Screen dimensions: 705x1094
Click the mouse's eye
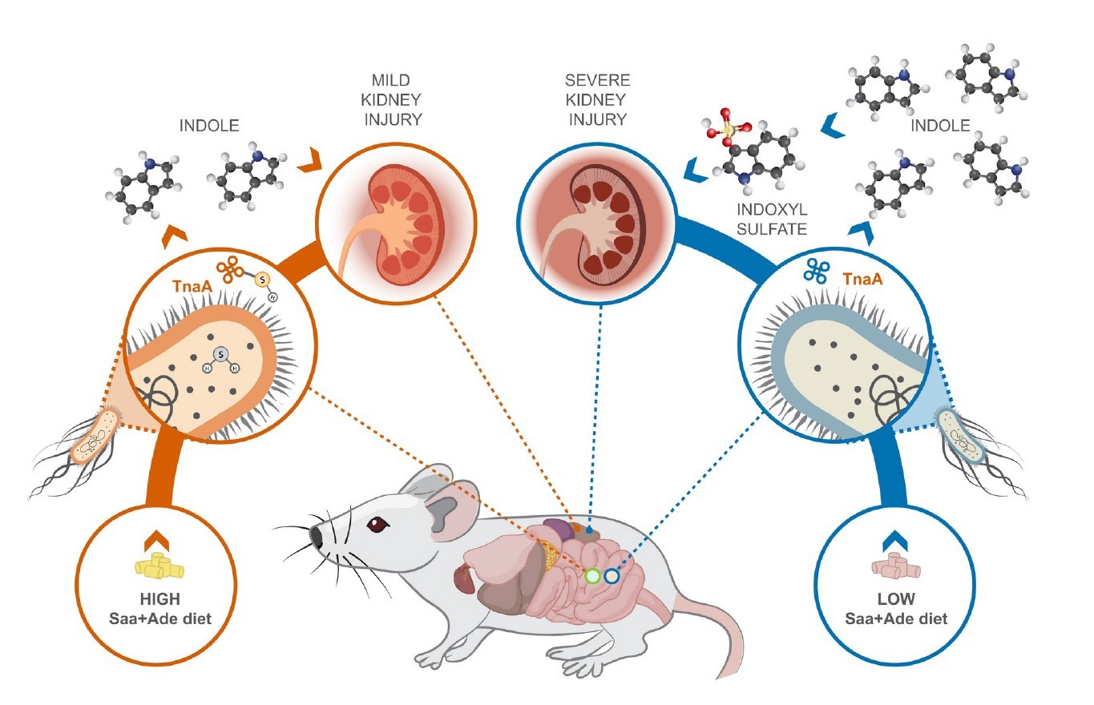[x=374, y=525]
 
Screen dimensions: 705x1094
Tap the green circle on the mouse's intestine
[x=592, y=575]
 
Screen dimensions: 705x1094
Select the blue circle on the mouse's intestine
[x=612, y=575]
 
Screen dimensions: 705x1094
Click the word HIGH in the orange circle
[x=157, y=600]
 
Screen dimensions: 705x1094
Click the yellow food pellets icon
[x=157, y=566]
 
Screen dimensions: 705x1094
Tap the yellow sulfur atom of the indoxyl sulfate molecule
[x=726, y=129]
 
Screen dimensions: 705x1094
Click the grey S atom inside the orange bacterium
[x=222, y=353]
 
